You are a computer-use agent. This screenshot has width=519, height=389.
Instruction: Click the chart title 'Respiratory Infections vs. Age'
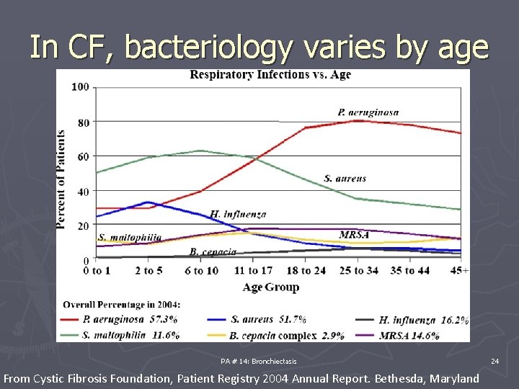coord(270,75)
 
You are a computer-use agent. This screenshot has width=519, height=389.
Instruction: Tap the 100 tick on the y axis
coord(81,87)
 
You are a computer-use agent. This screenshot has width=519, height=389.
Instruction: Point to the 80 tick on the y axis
coord(84,122)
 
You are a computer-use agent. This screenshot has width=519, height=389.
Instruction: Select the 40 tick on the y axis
coord(84,192)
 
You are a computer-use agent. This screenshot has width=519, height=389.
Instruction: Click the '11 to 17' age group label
coord(253,271)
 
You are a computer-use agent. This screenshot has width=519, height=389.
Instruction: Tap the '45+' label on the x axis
coord(458,271)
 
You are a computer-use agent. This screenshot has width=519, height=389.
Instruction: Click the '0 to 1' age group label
coord(97,271)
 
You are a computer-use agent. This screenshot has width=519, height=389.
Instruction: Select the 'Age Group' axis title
coord(272,287)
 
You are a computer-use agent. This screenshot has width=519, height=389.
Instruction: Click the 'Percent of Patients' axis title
coord(62,179)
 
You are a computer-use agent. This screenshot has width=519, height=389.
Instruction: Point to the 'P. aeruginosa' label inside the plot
coord(368,112)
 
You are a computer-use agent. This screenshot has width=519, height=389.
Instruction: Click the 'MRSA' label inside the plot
coord(354,235)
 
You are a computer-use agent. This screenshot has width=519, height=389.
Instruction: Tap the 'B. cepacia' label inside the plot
coord(213,251)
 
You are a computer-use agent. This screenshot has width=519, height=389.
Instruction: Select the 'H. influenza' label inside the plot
coord(238,214)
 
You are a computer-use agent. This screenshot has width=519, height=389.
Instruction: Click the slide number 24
coord(494,360)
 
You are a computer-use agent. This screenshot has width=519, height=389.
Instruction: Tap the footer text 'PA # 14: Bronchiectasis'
coord(259,360)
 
